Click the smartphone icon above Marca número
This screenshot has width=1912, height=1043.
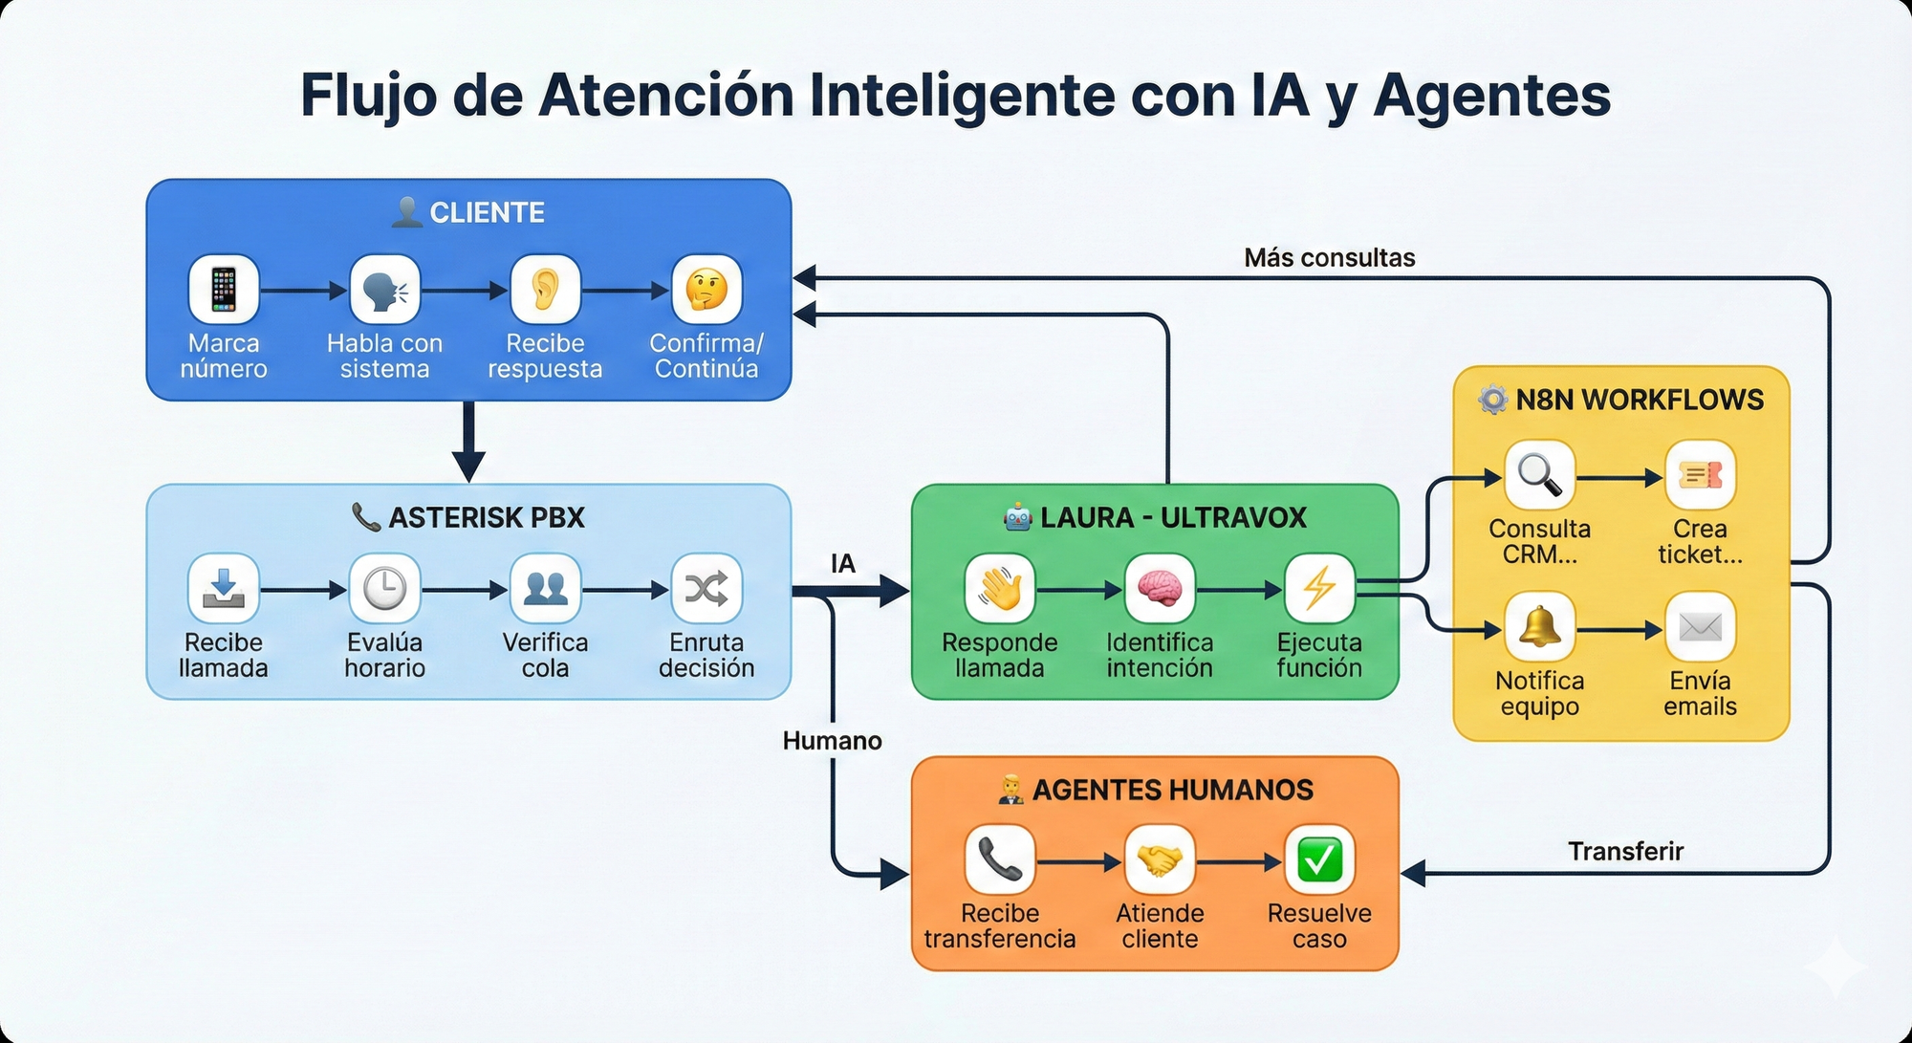(x=224, y=290)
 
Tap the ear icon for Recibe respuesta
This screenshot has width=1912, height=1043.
(x=545, y=290)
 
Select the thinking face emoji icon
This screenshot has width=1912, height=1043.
(x=706, y=290)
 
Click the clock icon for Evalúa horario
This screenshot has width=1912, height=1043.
(x=384, y=589)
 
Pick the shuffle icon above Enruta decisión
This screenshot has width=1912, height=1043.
(x=706, y=589)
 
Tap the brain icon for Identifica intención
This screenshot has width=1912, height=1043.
(x=1160, y=589)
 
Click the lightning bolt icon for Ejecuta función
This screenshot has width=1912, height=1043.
(x=1319, y=589)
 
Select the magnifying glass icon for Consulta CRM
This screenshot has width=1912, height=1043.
(x=1539, y=475)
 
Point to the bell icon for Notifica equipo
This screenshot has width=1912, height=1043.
(x=1539, y=628)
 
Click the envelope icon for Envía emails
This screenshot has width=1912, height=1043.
(x=1700, y=628)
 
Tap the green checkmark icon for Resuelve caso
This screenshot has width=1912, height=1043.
(x=1319, y=859)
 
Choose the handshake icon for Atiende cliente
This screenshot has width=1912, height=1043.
(x=1160, y=859)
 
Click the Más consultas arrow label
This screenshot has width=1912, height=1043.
(x=1329, y=258)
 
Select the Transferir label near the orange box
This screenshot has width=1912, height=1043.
(x=1625, y=851)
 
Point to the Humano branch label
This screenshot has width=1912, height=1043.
(x=832, y=741)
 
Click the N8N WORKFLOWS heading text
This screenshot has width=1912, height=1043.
(x=1640, y=400)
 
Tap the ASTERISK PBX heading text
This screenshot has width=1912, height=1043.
(x=486, y=517)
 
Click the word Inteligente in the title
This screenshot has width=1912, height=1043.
(x=960, y=96)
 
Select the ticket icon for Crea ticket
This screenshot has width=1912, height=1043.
(x=1700, y=475)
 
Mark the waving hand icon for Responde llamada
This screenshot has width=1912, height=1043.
(x=1000, y=589)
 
